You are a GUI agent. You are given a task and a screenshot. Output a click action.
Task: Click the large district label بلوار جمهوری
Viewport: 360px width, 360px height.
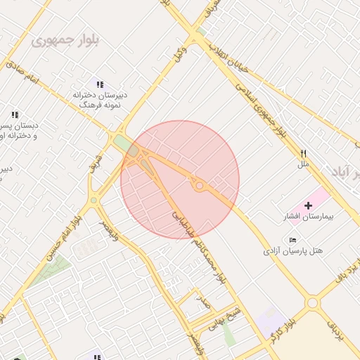tap(65, 39)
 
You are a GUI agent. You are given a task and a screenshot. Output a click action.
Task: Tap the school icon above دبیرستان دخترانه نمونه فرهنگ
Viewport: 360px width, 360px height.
tap(100, 84)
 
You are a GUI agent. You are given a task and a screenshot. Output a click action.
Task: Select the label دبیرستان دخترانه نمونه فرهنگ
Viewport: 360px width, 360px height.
tap(98, 98)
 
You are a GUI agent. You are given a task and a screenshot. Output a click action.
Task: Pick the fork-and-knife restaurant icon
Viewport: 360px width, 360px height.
tap(304, 153)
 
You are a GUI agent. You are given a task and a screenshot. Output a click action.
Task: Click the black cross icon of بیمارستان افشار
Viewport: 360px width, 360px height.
tap(308, 205)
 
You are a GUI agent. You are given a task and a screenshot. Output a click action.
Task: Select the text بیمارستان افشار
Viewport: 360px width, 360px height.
tap(307, 217)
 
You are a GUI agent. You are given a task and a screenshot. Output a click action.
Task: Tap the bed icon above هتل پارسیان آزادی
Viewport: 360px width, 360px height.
tap(292, 240)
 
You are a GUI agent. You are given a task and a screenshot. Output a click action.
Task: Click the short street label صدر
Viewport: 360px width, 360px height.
tap(204, 303)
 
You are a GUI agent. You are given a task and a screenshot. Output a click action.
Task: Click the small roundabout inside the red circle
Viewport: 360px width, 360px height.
tap(200, 186)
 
